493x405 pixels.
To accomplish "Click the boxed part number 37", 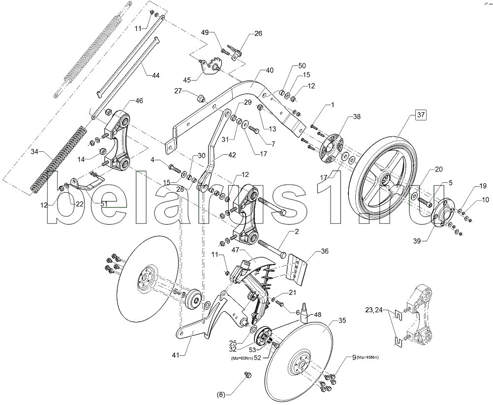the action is (421, 115).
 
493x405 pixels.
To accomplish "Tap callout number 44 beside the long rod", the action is (155, 75).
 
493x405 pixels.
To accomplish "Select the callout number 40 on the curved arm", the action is (270, 70).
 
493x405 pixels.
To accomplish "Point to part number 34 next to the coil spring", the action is (34, 152).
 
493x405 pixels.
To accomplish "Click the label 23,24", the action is (373, 310).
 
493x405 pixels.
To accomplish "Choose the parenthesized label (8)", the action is (221, 395).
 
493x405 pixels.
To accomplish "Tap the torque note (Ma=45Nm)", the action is (368, 357).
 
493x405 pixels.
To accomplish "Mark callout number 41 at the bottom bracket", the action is (176, 355).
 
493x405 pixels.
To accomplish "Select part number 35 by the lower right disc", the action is (342, 320).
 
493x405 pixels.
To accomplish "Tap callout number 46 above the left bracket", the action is (139, 101).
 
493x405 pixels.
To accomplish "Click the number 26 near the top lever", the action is (258, 33).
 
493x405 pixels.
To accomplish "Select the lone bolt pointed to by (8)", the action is (247, 374).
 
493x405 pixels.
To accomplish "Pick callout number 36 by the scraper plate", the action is (324, 251).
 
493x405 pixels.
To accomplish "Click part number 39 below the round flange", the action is (417, 241).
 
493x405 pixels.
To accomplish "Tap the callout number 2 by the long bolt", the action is (297, 231).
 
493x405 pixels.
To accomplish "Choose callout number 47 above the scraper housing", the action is (236, 250).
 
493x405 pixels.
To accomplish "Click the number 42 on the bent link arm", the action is (232, 155).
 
